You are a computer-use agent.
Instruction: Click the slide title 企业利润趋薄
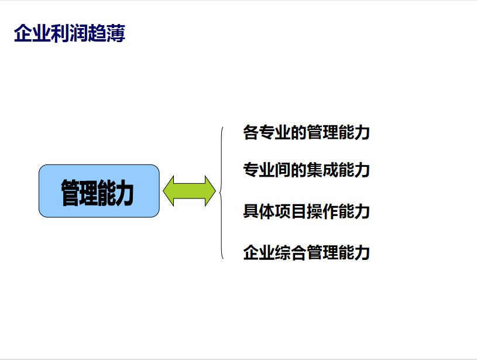pos(70,33)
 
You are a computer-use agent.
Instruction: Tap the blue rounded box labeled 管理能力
pos(99,191)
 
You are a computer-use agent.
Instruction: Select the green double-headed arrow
pos(189,191)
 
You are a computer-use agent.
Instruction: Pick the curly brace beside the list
pos(220,193)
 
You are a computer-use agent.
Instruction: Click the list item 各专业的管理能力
pos(306,132)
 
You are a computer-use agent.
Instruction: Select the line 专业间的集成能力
pos(306,170)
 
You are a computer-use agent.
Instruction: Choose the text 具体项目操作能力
pos(306,211)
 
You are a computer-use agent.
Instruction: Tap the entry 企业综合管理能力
pos(306,252)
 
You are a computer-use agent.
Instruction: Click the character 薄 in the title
pos(116,33)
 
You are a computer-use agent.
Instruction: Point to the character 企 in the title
pos(23,33)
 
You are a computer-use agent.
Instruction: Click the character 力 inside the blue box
pos(125,193)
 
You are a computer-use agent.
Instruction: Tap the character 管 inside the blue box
pos(70,193)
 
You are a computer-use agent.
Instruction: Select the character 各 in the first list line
pos(251,132)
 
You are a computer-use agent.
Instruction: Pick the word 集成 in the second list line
pos(322,170)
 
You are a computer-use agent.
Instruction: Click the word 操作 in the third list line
pos(322,211)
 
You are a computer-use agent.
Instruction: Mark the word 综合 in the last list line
pos(290,252)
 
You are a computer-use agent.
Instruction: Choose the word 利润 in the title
pos(70,33)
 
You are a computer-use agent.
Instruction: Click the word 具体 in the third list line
pos(259,211)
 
